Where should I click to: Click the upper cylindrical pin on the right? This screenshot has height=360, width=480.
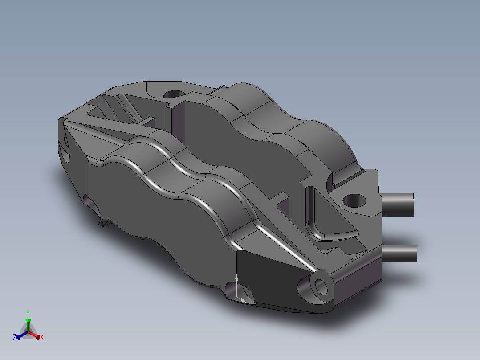(x=398, y=205)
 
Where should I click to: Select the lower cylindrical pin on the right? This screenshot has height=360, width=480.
(x=399, y=254)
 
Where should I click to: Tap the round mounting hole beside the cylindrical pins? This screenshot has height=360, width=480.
(x=354, y=200)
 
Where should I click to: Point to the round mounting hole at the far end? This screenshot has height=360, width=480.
(x=174, y=94)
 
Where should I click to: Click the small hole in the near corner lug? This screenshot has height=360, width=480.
(x=321, y=287)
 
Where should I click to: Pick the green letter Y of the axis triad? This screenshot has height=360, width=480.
(x=28, y=313)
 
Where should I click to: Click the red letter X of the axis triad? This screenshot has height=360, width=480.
(x=42, y=337)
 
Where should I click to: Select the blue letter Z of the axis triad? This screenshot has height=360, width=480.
(x=15, y=337)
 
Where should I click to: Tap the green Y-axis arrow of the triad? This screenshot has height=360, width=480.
(x=28, y=324)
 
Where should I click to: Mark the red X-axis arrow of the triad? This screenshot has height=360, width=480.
(x=34, y=335)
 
